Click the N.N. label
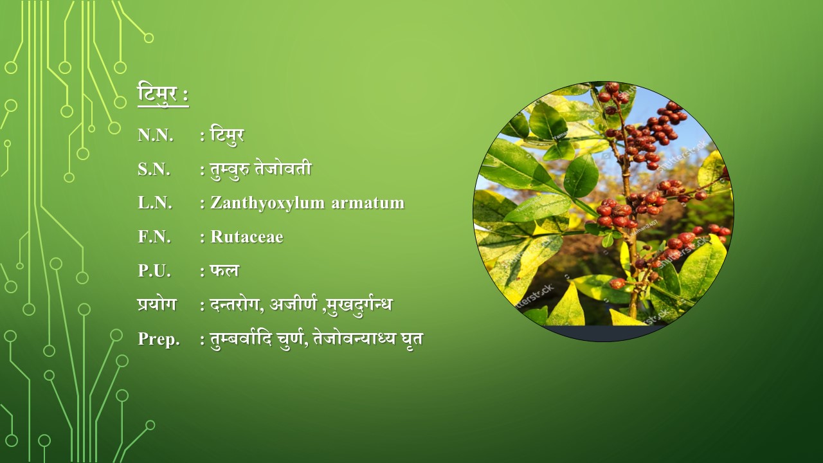(156, 135)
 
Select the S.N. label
(154, 169)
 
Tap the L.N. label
(155, 203)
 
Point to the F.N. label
(154, 237)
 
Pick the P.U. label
(154, 271)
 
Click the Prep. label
(159, 339)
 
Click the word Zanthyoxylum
(267, 203)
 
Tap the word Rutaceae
(247, 237)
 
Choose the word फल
(224, 271)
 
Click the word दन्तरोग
(235, 305)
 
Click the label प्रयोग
(157, 305)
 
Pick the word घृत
(412, 339)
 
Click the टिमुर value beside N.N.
(227, 135)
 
